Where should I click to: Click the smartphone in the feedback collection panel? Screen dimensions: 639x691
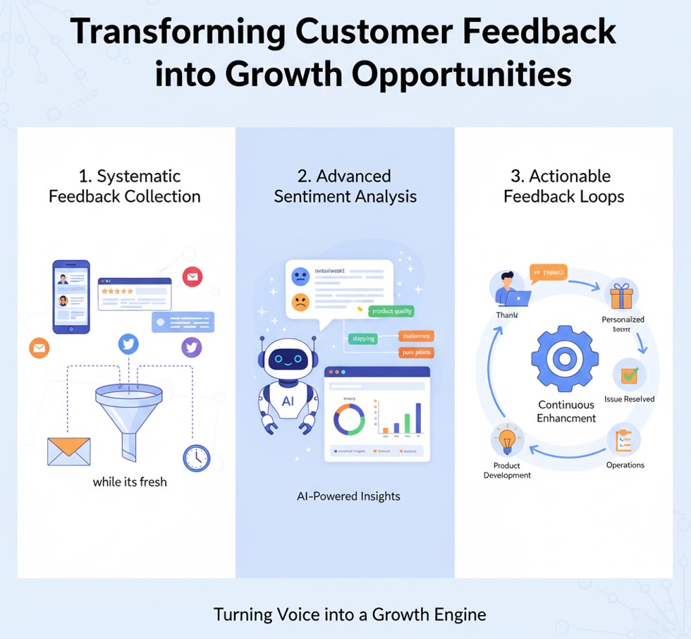[71, 296]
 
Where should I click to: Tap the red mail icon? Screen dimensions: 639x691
[192, 276]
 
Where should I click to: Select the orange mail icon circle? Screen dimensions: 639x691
[39, 347]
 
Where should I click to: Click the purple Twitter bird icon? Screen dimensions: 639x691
[192, 346]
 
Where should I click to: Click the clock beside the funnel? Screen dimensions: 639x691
[196, 458]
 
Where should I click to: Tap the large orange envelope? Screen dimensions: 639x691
[68, 451]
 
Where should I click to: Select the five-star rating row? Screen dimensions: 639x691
[116, 291]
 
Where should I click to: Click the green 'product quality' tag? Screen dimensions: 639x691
[391, 311]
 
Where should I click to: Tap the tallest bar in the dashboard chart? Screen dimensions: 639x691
[418, 418]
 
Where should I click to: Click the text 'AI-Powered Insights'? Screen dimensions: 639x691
[348, 497]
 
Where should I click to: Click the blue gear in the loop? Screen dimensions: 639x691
[564, 358]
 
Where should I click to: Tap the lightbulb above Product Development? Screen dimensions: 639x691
[508, 442]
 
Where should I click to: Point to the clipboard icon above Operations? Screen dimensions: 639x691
[624, 440]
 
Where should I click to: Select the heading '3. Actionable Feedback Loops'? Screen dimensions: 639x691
[564, 186]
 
